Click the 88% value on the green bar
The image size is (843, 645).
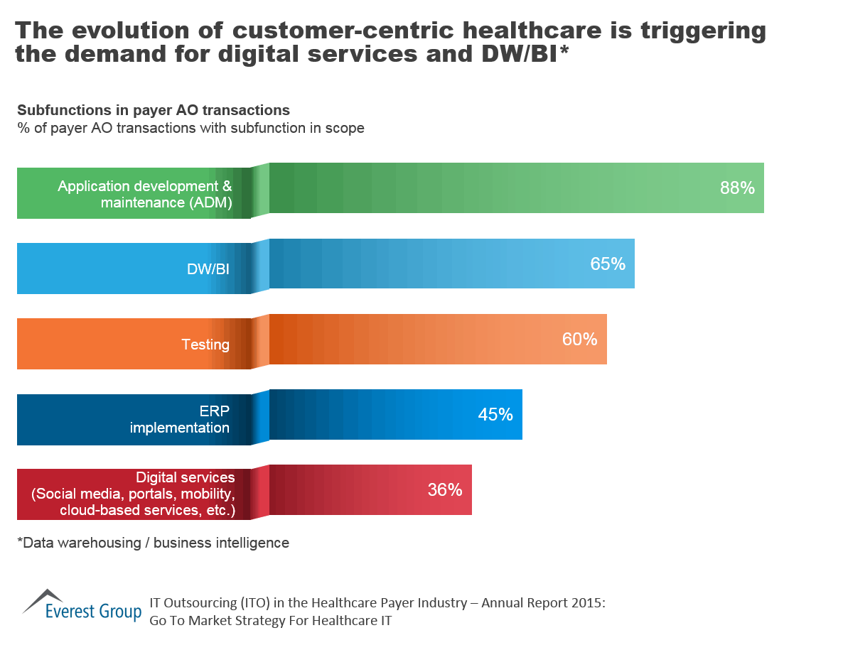point(736,188)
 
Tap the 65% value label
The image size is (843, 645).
point(608,264)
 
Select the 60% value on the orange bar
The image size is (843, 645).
point(579,340)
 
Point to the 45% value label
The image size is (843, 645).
point(495,415)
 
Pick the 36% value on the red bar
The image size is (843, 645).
point(445,490)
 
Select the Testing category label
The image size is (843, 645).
point(205,345)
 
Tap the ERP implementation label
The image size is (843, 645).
point(179,420)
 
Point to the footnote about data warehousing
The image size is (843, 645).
point(153,543)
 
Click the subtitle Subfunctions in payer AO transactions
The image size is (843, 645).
point(153,110)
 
